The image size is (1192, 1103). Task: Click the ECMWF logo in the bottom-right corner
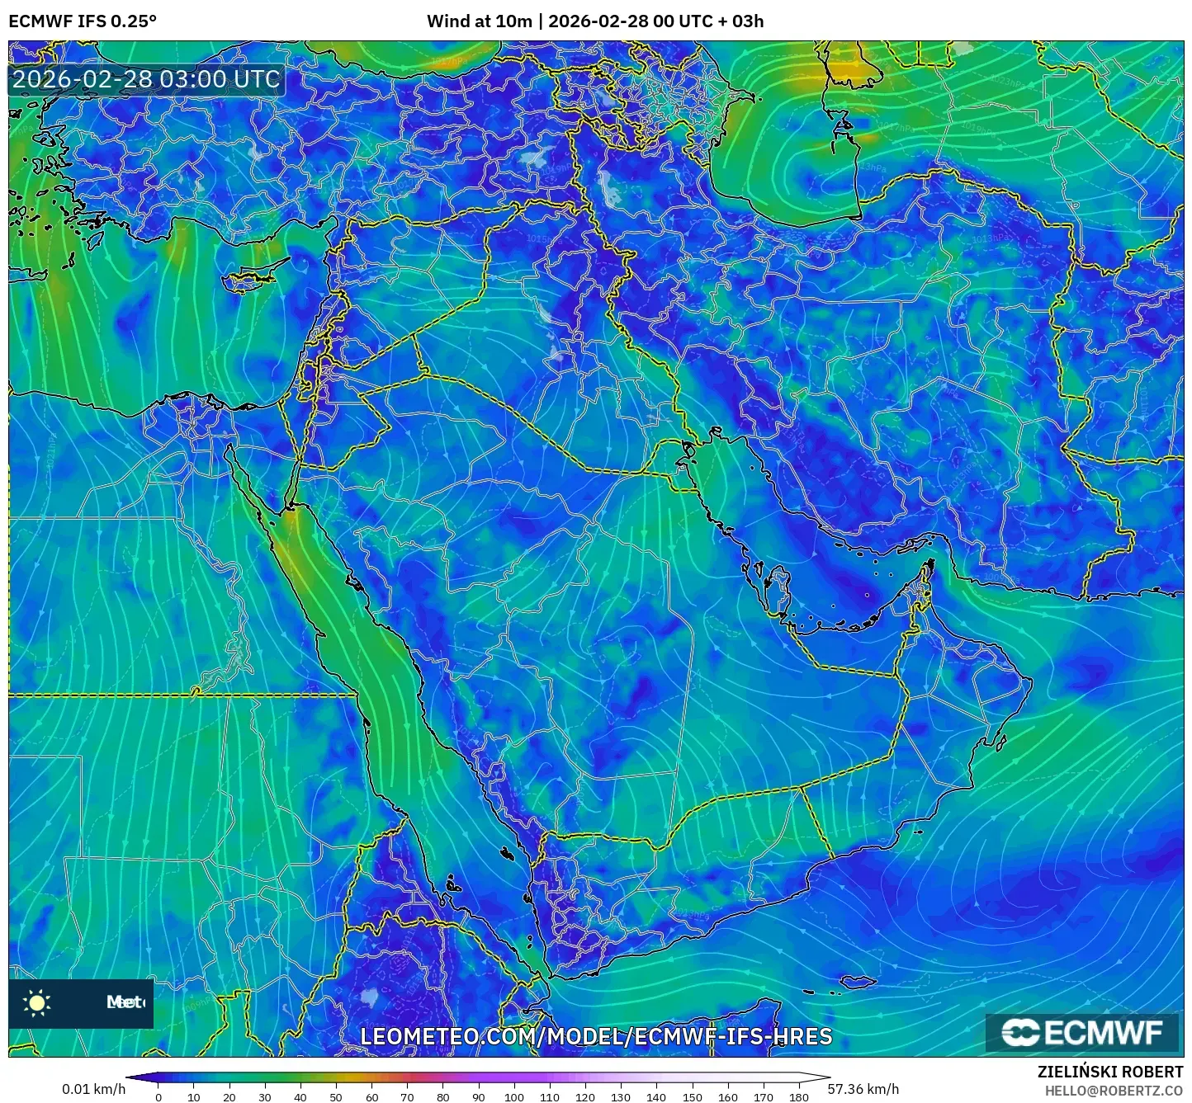pos(1082,1032)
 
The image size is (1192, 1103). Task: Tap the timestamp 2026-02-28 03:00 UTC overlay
pos(146,79)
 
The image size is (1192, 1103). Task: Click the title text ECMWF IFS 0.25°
pos(83,21)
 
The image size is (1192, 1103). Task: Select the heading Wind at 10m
pos(479,21)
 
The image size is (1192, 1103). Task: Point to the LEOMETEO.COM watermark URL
pos(596,1036)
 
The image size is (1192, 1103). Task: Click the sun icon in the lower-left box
pos(37,1002)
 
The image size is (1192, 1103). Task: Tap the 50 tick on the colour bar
pos(336,1096)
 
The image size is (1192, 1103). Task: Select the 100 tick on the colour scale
pos(514,1096)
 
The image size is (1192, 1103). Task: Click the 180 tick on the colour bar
pos(798,1096)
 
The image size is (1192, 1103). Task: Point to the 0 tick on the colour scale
pos(158,1096)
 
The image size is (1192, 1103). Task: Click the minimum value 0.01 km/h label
pos(93,1089)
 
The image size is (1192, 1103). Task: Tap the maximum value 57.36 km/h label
pos(863,1089)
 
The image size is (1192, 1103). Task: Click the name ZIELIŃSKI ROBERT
pos(1110,1072)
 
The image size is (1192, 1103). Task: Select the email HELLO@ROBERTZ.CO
pos(1114,1091)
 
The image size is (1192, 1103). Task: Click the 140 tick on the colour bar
pos(656,1096)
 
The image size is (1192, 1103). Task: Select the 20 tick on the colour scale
pos(229,1096)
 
